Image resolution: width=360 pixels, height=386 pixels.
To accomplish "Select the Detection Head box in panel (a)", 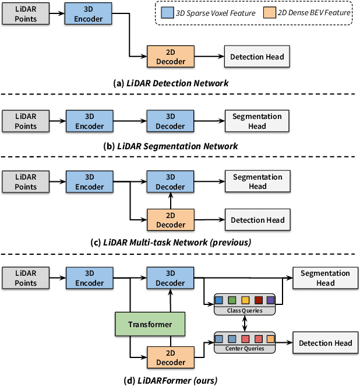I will [257, 57].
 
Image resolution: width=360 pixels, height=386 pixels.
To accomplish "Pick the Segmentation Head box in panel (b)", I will [257, 121].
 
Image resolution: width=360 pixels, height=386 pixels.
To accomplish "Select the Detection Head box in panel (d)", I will [326, 343].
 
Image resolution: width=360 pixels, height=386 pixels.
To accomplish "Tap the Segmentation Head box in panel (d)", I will [326, 278].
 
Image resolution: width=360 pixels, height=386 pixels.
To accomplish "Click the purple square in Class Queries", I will [270, 300].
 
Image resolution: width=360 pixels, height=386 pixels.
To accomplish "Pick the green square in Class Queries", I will [232, 300].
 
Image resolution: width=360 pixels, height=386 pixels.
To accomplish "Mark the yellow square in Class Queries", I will [245, 300].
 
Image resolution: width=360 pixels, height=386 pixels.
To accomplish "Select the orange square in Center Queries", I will [270, 338].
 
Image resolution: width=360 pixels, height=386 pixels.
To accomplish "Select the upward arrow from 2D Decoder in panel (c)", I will [170, 201].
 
